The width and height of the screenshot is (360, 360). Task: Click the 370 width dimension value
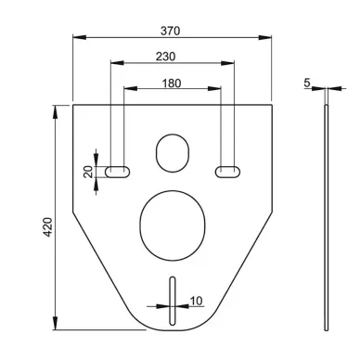click(x=170, y=31)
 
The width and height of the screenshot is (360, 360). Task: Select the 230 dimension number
click(x=165, y=57)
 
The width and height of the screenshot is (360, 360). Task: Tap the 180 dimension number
click(x=172, y=84)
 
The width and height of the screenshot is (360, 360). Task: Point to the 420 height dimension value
click(x=47, y=227)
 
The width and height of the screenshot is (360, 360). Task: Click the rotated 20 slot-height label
click(x=88, y=172)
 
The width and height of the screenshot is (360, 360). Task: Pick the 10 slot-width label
click(x=196, y=301)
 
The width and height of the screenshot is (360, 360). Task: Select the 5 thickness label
click(x=307, y=83)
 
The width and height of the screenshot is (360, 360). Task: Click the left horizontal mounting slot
click(x=118, y=172)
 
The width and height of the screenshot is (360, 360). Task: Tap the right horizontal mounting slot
click(x=228, y=172)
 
